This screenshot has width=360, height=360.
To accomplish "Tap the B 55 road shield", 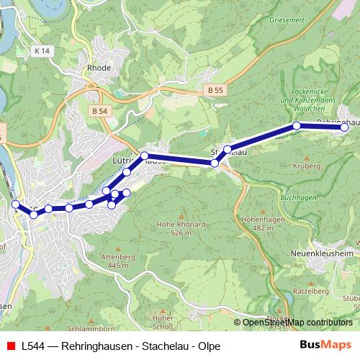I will coord(214,90).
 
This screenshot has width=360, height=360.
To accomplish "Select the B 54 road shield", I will coord(99,111).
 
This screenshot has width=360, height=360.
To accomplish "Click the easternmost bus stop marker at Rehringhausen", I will coord(344,127).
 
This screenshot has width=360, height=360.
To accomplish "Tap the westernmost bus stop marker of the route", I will coord(16,204).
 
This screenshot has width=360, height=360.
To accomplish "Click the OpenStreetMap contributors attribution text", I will coord(297,323).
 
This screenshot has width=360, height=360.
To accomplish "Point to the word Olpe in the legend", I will coord(209,346).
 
